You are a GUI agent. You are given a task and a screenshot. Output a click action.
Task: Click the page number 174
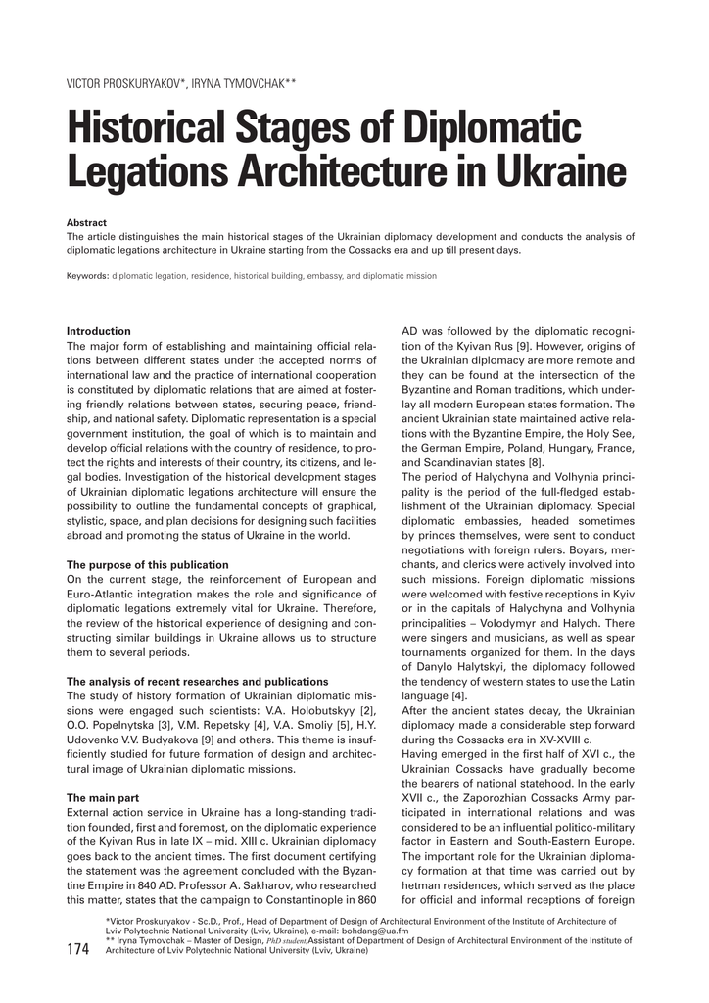(x=78, y=949)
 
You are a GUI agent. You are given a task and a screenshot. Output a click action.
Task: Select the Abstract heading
(x=86, y=223)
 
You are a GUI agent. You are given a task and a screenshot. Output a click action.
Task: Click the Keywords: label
(x=87, y=276)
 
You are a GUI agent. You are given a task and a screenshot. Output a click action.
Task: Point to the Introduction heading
(x=98, y=331)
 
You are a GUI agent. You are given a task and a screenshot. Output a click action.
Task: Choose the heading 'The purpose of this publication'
(x=147, y=565)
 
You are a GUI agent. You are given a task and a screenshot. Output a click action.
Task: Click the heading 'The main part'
(x=102, y=798)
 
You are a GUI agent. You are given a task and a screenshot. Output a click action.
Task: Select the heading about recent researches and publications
(x=197, y=681)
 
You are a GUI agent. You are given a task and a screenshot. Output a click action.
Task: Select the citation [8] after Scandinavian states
(x=536, y=462)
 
